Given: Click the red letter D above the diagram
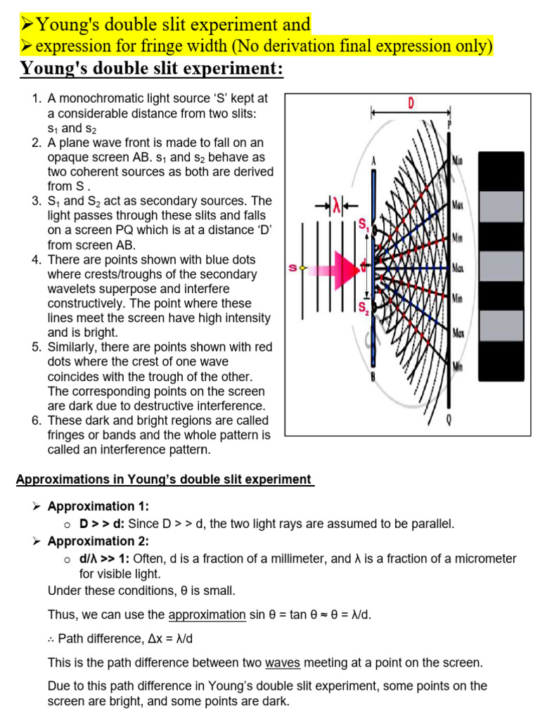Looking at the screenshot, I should [411, 103].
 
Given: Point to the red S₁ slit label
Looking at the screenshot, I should [363, 224].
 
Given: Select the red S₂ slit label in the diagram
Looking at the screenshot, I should [363, 307].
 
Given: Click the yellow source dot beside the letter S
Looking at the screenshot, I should [303, 268].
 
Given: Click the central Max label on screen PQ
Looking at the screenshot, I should [458, 269].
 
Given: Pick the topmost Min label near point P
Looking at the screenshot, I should [458, 160].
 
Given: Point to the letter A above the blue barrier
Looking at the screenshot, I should [374, 160].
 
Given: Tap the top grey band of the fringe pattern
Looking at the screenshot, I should [501, 205].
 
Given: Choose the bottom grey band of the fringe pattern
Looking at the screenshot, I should [501, 324].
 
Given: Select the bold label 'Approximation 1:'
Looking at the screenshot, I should [98, 506].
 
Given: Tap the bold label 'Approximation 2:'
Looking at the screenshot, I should [98, 541].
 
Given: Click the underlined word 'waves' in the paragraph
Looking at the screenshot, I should [281, 662].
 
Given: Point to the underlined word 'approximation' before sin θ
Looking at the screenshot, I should [207, 615].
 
